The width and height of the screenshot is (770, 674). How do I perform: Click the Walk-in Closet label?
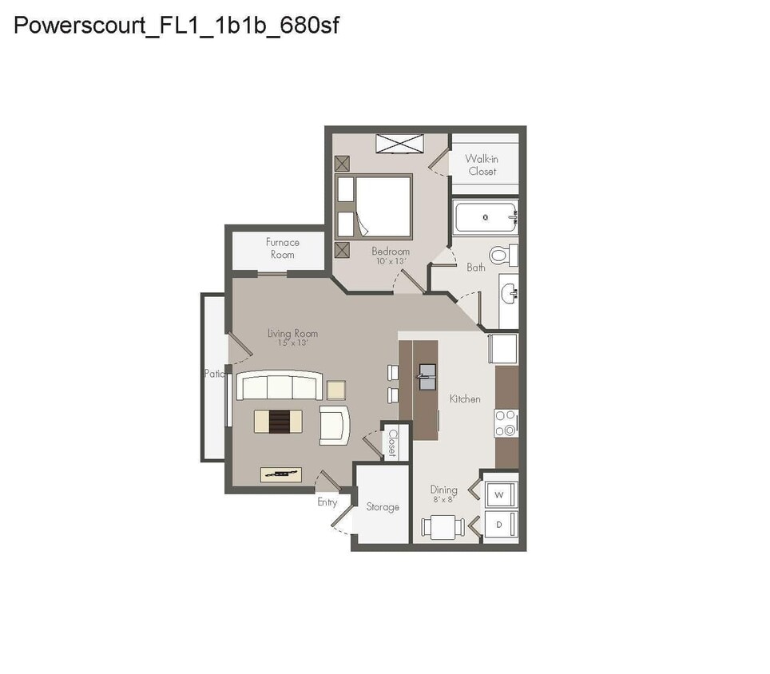(x=482, y=165)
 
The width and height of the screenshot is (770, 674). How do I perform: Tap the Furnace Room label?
(x=283, y=248)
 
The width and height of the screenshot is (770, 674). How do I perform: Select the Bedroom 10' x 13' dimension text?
(x=391, y=261)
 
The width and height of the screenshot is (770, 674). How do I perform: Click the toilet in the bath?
(x=502, y=256)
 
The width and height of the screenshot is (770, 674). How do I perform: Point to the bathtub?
(x=486, y=216)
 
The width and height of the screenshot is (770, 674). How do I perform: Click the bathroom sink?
(x=508, y=295)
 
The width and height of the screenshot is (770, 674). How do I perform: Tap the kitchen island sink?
(x=427, y=376)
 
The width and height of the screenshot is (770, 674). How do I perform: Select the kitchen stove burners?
(x=506, y=423)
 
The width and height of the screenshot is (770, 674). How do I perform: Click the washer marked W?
(x=499, y=495)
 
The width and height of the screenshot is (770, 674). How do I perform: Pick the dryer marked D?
(x=499, y=525)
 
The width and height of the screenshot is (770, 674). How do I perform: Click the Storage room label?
(x=383, y=507)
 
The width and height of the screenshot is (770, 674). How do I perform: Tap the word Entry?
(x=327, y=502)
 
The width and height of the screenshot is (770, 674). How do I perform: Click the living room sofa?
(x=280, y=387)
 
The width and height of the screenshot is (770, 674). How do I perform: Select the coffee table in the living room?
(x=278, y=421)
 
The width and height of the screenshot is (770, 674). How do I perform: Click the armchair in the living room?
(x=335, y=424)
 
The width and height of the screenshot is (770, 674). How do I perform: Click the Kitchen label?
(x=465, y=398)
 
